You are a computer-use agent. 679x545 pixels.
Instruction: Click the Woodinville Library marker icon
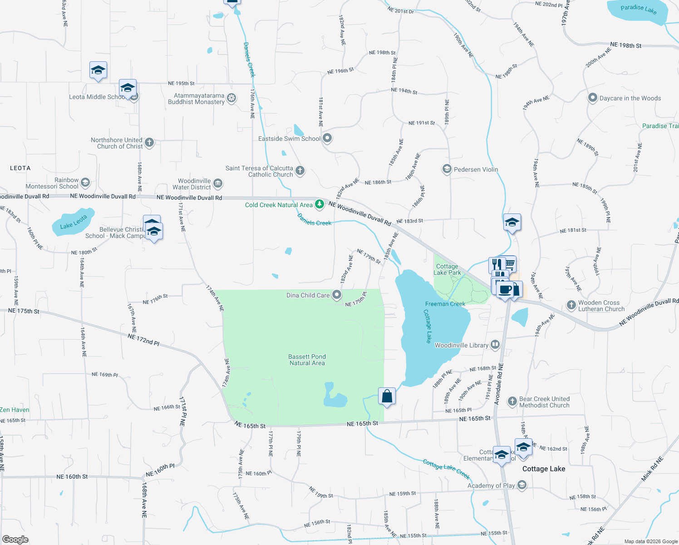495,345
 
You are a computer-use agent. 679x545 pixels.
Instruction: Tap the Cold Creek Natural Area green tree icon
320,204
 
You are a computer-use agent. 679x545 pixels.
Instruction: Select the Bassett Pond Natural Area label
307,360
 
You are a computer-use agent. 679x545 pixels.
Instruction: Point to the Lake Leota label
74,223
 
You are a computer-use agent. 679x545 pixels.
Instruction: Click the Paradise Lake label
638,9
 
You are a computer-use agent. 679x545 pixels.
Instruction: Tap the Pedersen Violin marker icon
447,169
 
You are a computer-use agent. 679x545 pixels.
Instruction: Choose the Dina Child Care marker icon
337,295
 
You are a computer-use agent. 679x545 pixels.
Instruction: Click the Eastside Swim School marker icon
327,139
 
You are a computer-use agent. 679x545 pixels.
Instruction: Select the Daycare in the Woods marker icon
592,98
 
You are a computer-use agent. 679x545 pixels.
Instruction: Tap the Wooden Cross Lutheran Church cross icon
571,305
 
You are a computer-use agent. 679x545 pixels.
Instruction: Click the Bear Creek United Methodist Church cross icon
512,401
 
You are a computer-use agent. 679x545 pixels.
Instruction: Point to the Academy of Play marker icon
522,486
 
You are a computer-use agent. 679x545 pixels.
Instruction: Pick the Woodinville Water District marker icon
218,183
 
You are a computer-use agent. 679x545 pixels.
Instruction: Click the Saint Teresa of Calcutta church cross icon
300,171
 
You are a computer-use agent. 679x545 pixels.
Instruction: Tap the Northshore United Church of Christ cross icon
149,143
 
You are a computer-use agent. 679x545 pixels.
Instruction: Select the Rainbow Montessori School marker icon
85,183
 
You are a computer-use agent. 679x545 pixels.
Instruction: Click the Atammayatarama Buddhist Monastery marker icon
231,99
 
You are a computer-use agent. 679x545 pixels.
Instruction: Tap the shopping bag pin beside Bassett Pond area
387,396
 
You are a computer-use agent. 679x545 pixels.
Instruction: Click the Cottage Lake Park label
447,269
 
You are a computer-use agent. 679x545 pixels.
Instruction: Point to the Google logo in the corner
15,540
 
